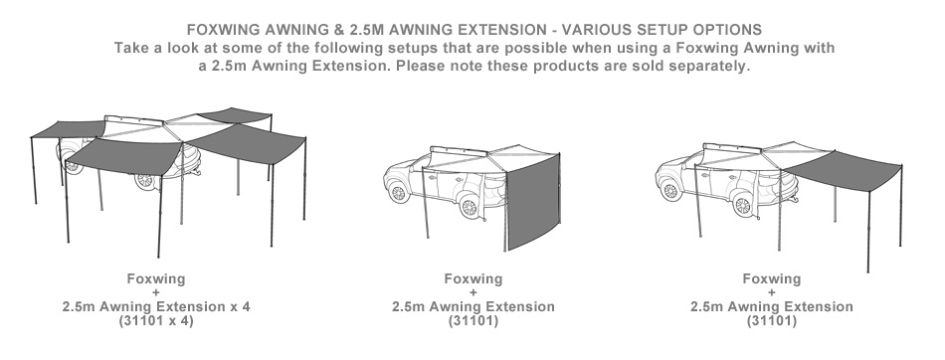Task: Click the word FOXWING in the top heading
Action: click(223, 30)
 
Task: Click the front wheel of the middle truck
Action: click(398, 193)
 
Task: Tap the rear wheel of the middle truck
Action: click(469, 207)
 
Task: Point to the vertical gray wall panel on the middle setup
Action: click(533, 202)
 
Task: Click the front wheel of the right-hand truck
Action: click(670, 191)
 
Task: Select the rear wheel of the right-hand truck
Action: click(743, 205)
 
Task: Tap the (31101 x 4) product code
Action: click(156, 321)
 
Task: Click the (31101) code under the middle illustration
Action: click(473, 321)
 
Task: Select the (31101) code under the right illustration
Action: click(772, 321)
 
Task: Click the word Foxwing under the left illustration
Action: click(156, 278)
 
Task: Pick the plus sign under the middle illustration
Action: click(473, 293)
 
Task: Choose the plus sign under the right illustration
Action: click(772, 293)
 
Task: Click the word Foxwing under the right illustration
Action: click(772, 278)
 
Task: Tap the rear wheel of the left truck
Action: click(145, 179)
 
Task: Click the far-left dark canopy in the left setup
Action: click(68, 129)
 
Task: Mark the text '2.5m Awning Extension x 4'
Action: click(156, 306)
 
